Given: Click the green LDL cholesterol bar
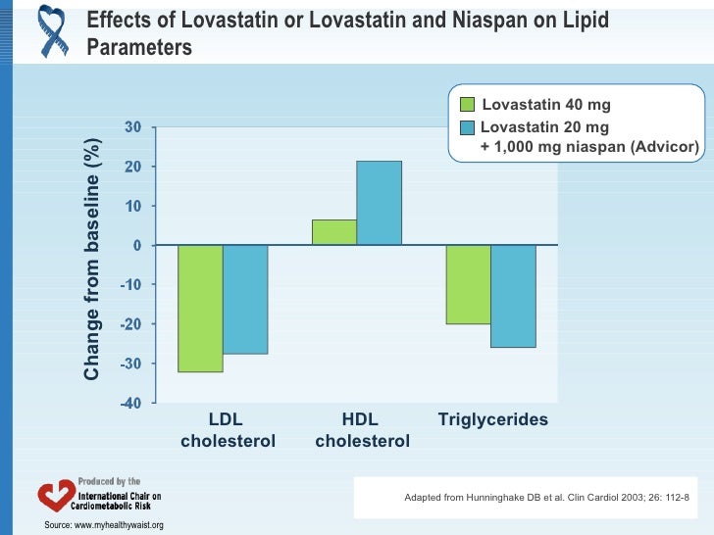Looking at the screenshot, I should point(200,308).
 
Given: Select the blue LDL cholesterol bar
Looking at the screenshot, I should point(245,299).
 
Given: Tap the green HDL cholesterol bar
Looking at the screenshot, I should point(333,232).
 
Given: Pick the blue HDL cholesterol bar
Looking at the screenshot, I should point(379,203).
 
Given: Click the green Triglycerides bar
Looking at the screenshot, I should point(468,284).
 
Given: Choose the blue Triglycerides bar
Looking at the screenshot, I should point(513,296).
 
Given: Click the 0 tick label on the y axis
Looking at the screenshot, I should point(137,245).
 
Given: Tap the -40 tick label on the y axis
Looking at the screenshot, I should point(130,403).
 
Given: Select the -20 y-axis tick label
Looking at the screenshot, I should point(130,324).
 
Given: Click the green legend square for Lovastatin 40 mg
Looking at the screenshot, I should point(467,105).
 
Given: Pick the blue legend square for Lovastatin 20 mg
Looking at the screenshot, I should point(467,127).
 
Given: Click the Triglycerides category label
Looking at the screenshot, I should point(492,420).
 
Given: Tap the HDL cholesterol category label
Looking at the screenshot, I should point(362,430).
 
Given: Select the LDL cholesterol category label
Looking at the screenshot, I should point(228,430).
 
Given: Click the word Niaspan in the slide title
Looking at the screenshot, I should point(522,21).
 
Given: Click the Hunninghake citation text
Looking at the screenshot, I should point(546,498).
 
